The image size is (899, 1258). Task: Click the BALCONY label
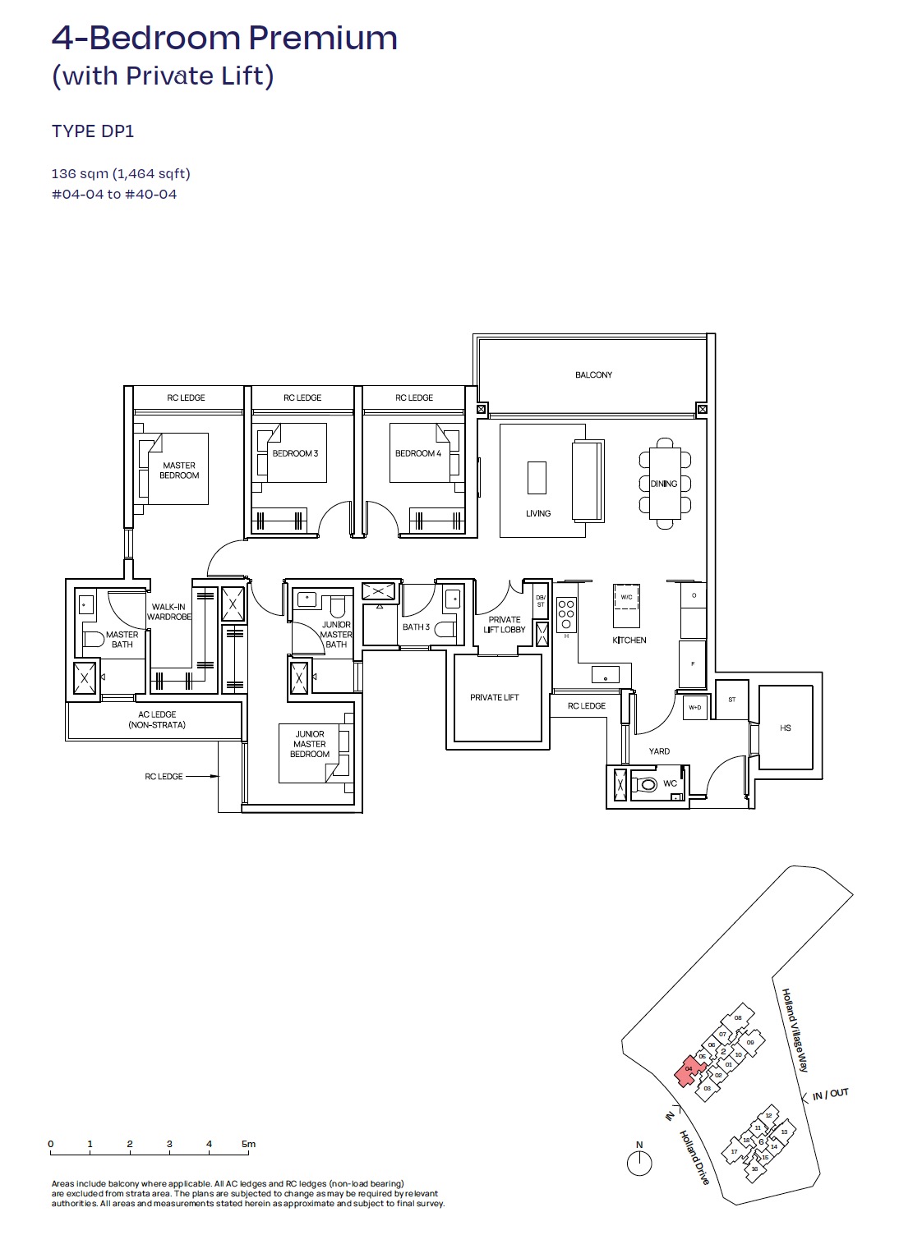click(593, 375)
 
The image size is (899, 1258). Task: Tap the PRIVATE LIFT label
click(494, 698)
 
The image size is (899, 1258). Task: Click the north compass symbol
click(639, 1162)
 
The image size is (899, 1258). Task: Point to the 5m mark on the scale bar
click(248, 1144)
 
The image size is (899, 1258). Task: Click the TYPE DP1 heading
click(93, 131)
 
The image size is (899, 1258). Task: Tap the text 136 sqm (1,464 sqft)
click(121, 174)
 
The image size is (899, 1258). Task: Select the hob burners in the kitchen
click(566, 613)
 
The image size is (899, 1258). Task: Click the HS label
click(786, 728)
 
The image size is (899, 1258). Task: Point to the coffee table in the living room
click(537, 477)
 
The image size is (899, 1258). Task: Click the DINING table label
click(664, 484)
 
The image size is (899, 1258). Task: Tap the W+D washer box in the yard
click(695, 707)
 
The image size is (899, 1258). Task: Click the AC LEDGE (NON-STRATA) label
click(157, 720)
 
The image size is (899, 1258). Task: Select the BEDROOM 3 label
click(295, 453)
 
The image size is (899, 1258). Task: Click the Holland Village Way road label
click(795, 1030)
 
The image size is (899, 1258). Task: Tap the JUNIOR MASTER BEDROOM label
click(310, 744)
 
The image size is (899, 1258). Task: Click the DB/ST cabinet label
click(541, 601)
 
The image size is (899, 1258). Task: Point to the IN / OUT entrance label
click(830, 1094)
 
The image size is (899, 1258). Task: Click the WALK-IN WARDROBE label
click(169, 612)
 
